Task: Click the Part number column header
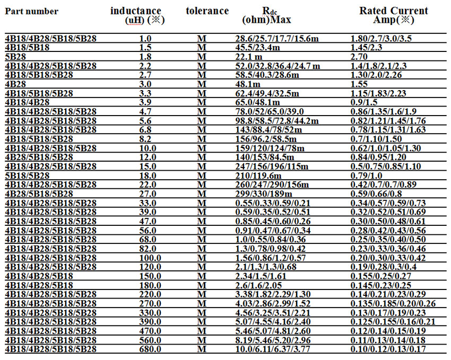[x=32, y=12]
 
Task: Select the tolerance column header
[x=207, y=11]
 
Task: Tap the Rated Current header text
[x=394, y=11]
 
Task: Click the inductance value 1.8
[x=145, y=56]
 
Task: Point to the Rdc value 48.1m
[x=248, y=84]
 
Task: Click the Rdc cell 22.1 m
[x=249, y=56]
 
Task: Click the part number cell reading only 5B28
[x=15, y=56]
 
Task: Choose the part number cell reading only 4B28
[x=15, y=84]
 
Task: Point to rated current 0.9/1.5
[x=365, y=102]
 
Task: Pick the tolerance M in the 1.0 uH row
[x=201, y=38]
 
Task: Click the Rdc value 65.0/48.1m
[x=257, y=102]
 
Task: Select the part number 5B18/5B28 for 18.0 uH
[x=27, y=175]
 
